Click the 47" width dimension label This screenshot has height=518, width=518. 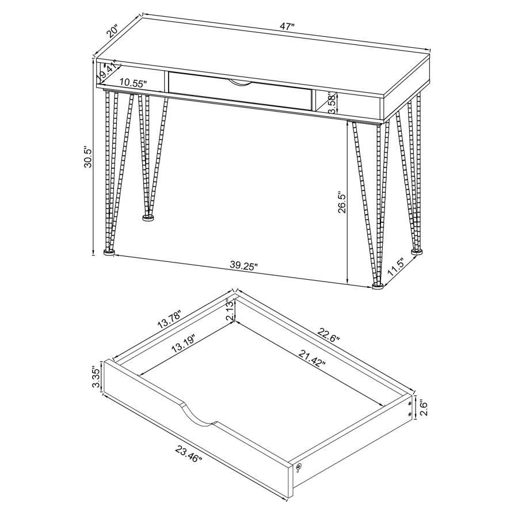coord(286,26)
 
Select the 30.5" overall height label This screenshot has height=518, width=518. coord(88,157)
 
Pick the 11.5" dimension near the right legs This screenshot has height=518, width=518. coord(396,267)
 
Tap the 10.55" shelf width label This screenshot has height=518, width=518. coord(133,83)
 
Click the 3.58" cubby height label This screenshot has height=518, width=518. coord(334,104)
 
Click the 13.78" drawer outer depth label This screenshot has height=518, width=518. coord(170,319)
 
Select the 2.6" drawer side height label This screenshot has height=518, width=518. coord(424,407)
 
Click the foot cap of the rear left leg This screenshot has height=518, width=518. coord(148,218)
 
